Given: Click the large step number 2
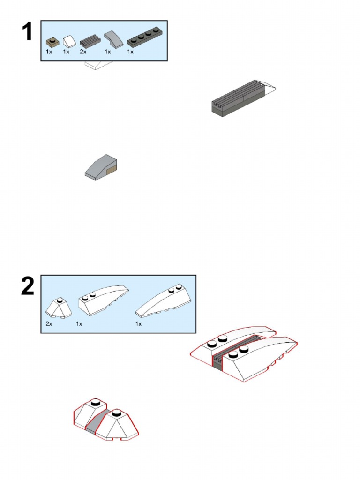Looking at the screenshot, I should click(28, 286).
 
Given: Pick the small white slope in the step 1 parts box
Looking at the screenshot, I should click(69, 42).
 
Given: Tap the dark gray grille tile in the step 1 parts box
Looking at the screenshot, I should click(90, 42).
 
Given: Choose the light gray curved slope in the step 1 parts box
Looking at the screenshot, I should click(112, 39).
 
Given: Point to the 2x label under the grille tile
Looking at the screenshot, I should click(83, 52).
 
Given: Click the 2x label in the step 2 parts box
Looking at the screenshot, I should click(49, 324).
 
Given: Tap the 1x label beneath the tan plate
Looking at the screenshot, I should click(49, 52).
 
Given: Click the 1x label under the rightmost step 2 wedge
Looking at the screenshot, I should click(138, 324).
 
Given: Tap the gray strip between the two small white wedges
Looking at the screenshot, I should click(97, 420).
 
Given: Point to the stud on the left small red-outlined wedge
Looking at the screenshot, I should click(95, 401).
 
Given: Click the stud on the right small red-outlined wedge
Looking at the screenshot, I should click(116, 412).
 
